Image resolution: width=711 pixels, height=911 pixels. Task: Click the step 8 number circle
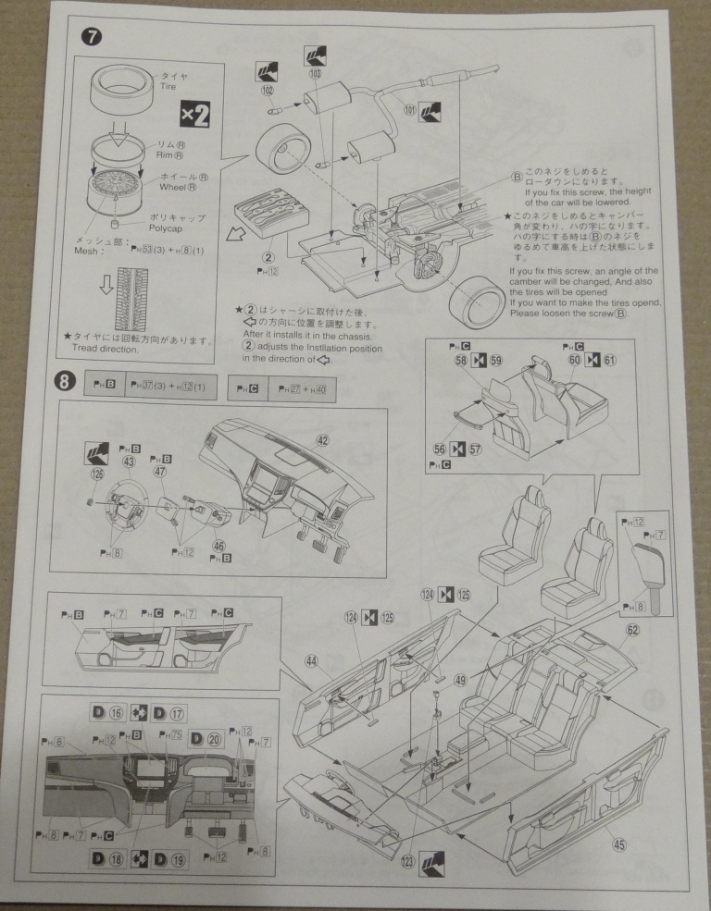[x=64, y=380]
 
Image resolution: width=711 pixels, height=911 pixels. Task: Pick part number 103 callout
[x=317, y=72]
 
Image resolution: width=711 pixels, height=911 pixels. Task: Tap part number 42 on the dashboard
[x=322, y=440]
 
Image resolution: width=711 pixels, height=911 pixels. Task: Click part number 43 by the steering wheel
[x=129, y=461]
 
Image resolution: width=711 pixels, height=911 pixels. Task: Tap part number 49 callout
[x=460, y=682]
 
